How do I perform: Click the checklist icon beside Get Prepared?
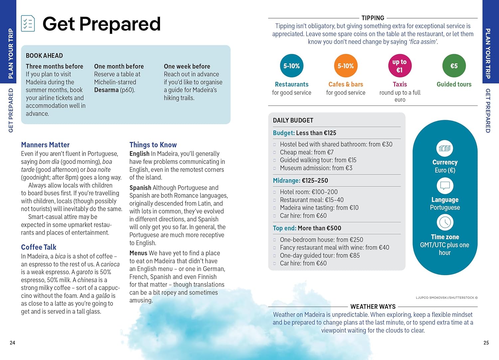point(28,23)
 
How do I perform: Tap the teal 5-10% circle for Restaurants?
point(291,66)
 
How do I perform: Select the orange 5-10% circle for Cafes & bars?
point(346,66)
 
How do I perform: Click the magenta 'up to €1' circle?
point(400,66)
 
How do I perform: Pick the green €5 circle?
point(454,66)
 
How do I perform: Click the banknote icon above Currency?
point(445,148)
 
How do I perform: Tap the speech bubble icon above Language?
point(445,186)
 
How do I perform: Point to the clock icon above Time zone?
point(445,223)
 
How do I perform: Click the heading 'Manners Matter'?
point(45,145)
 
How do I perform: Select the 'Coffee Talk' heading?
point(39,247)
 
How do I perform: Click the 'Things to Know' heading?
point(153,145)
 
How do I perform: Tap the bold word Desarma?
point(106,90)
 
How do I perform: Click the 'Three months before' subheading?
point(55,66)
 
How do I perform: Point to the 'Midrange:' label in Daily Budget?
point(286,181)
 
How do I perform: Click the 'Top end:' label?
point(284,228)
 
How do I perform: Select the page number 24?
point(13,343)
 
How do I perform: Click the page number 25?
point(486,343)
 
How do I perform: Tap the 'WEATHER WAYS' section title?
point(373,307)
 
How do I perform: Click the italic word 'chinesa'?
point(87,280)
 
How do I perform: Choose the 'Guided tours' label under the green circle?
point(454,85)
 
